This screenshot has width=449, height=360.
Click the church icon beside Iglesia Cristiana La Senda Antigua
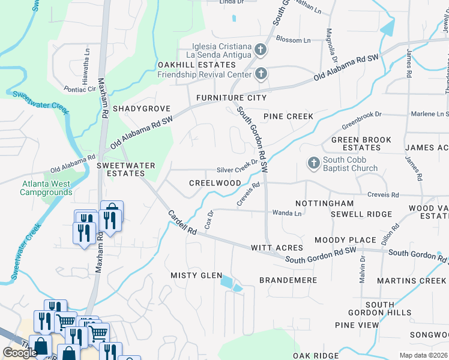tap(261, 49)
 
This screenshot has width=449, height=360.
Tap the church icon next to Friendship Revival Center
tap(261, 74)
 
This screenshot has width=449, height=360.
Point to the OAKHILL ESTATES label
tap(196, 65)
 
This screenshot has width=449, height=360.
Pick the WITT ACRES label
tap(277, 247)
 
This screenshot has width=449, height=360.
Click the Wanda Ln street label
tap(287, 212)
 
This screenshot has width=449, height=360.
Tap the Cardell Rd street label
tap(182, 223)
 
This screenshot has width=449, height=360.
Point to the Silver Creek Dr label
tap(237, 169)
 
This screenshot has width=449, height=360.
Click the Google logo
tap(20, 353)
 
